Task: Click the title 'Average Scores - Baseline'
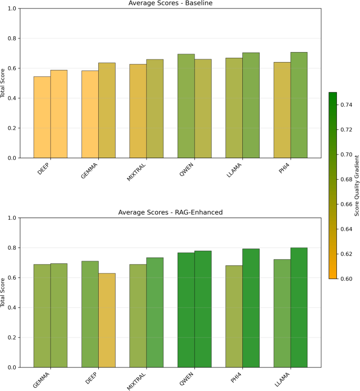[x=170, y=3]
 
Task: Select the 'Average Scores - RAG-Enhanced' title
[x=170, y=212]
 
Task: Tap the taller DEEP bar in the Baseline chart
[x=59, y=114]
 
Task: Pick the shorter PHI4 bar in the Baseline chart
[x=282, y=110]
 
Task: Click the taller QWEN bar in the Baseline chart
[x=186, y=106]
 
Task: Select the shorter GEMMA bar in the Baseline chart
[x=90, y=114]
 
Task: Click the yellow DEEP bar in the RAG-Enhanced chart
[x=107, y=320]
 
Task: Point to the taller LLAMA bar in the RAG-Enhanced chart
[x=299, y=307]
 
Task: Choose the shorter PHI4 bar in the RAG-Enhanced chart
[x=234, y=316]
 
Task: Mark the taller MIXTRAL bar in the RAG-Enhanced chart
[x=155, y=313]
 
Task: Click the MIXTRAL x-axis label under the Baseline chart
[x=136, y=172]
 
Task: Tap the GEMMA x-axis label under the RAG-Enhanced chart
[x=42, y=380]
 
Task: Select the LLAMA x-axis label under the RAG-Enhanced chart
[x=282, y=379]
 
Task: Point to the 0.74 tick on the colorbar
[x=346, y=105]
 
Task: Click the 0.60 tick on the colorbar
[x=346, y=279]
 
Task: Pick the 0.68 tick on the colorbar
[x=346, y=179]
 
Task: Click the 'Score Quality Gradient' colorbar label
[x=357, y=186]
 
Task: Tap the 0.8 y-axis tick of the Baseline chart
[x=12, y=38]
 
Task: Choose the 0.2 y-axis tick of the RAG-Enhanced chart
[x=12, y=337]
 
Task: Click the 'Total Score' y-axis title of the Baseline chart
[x=3, y=83]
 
